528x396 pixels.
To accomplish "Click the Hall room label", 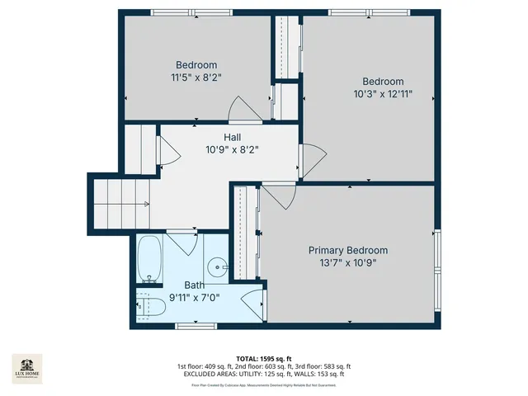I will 232,138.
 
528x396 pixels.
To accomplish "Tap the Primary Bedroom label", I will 347,250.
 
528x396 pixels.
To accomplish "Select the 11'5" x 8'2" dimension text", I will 196,77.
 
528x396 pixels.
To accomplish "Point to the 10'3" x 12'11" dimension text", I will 383,94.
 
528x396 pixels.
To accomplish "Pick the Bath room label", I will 195,285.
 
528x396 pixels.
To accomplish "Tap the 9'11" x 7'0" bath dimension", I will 195,298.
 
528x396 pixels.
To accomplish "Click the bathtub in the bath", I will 150,259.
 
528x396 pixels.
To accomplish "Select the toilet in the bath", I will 152,306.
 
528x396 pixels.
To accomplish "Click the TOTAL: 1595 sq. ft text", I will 263,359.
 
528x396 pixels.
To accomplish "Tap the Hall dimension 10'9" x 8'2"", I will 232,150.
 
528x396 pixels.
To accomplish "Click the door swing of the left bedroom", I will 240,108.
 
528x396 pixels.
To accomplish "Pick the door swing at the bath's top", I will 182,245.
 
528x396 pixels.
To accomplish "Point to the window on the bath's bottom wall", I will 191,326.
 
